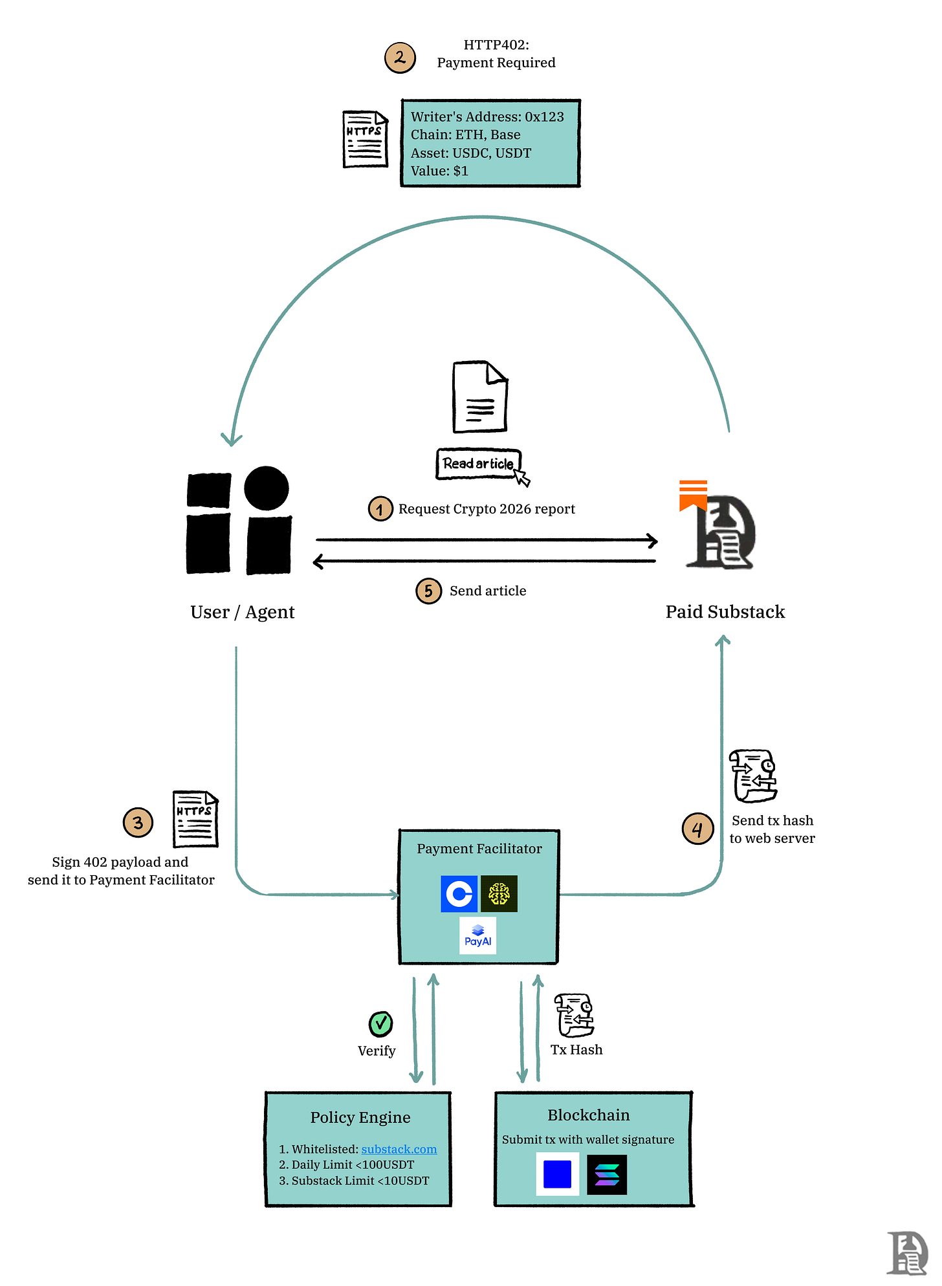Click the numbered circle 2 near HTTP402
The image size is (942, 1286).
(400, 58)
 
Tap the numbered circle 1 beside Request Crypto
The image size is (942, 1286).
(380, 509)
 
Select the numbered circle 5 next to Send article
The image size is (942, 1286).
(428, 591)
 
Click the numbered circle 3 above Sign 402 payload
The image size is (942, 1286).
(138, 823)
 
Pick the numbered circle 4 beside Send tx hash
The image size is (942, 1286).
(697, 829)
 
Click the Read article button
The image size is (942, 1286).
(478, 464)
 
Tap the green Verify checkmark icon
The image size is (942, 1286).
(380, 1024)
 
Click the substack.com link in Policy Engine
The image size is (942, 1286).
(399, 1149)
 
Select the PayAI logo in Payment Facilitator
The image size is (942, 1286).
(478, 935)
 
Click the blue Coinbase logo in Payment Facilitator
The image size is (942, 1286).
(459, 894)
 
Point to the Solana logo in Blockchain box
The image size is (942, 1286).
(607, 1174)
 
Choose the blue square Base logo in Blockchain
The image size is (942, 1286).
(558, 1174)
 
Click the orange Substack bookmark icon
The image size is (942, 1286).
(693, 496)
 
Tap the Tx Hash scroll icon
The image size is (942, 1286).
(575, 1015)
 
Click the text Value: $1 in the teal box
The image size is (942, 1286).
(439, 171)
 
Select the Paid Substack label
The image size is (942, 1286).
(725, 612)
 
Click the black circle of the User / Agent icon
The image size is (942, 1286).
(267, 488)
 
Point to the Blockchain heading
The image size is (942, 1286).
(588, 1115)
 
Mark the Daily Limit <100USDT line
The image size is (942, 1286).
(346, 1164)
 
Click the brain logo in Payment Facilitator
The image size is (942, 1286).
(499, 894)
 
